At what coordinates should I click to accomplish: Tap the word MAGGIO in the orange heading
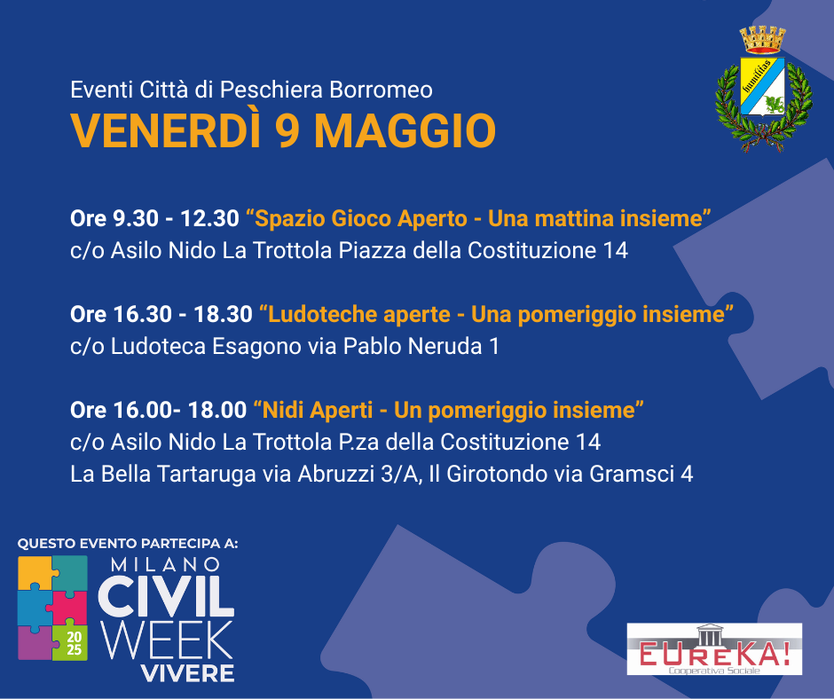click(x=405, y=131)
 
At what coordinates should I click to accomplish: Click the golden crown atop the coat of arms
click(x=763, y=40)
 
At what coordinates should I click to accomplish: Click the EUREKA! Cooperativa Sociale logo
click(x=714, y=649)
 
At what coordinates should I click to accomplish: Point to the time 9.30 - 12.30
click(x=176, y=218)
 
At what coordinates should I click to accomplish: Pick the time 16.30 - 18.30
click(x=183, y=314)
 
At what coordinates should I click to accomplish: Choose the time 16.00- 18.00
click(x=180, y=410)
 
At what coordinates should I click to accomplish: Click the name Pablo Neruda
click(x=413, y=346)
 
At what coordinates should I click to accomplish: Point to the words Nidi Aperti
click(x=318, y=410)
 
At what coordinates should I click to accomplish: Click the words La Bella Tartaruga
click(x=162, y=475)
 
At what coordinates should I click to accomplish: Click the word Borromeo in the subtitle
click(x=381, y=90)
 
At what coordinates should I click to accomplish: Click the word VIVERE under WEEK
click(x=188, y=673)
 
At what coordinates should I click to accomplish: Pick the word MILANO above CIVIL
click(x=165, y=564)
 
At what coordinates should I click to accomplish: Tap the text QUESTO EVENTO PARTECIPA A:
click(x=128, y=544)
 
